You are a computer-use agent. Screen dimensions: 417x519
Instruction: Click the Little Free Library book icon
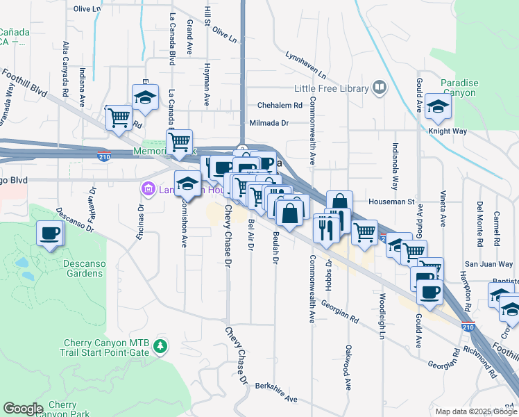click(x=379, y=88)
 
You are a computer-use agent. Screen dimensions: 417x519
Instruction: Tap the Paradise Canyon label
click(x=459, y=88)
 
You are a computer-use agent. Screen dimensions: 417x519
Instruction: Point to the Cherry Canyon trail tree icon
click(x=160, y=345)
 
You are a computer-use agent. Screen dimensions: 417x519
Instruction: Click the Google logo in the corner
click(x=23, y=409)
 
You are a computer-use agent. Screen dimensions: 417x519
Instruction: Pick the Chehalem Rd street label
click(x=280, y=106)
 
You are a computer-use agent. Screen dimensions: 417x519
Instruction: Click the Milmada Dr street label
click(x=269, y=123)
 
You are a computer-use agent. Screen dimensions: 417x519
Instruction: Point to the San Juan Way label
click(x=488, y=264)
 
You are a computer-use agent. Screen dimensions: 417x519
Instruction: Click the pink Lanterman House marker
click(x=147, y=188)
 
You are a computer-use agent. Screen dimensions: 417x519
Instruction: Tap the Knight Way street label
click(x=448, y=130)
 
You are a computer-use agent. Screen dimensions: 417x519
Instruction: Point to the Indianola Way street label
click(x=395, y=167)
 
